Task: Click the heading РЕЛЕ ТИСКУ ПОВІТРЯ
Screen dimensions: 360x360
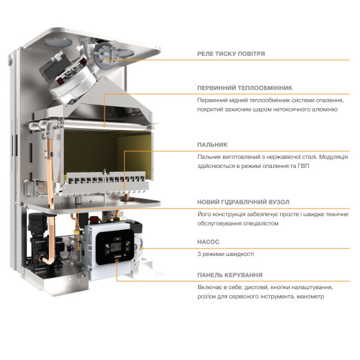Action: click(231, 54)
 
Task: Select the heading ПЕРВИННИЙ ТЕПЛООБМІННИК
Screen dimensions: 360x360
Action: click(245, 88)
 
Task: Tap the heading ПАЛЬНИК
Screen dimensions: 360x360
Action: click(213, 145)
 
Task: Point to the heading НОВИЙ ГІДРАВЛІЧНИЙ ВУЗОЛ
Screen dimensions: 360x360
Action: click(244, 202)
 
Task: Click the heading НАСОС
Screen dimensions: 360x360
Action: click(209, 242)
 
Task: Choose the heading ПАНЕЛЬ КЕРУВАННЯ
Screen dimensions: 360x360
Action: click(230, 275)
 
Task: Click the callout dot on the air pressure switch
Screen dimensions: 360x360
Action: click(106, 60)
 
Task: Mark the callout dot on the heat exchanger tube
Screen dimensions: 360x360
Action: click(105, 125)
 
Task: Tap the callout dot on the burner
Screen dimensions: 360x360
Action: click(124, 187)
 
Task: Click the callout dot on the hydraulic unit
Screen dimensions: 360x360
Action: click(78, 248)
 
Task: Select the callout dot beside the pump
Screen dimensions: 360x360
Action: click(141, 248)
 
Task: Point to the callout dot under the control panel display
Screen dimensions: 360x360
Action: click(116, 261)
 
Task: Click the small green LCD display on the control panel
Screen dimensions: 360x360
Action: click(116, 247)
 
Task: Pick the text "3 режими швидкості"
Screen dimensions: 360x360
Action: click(226, 254)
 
